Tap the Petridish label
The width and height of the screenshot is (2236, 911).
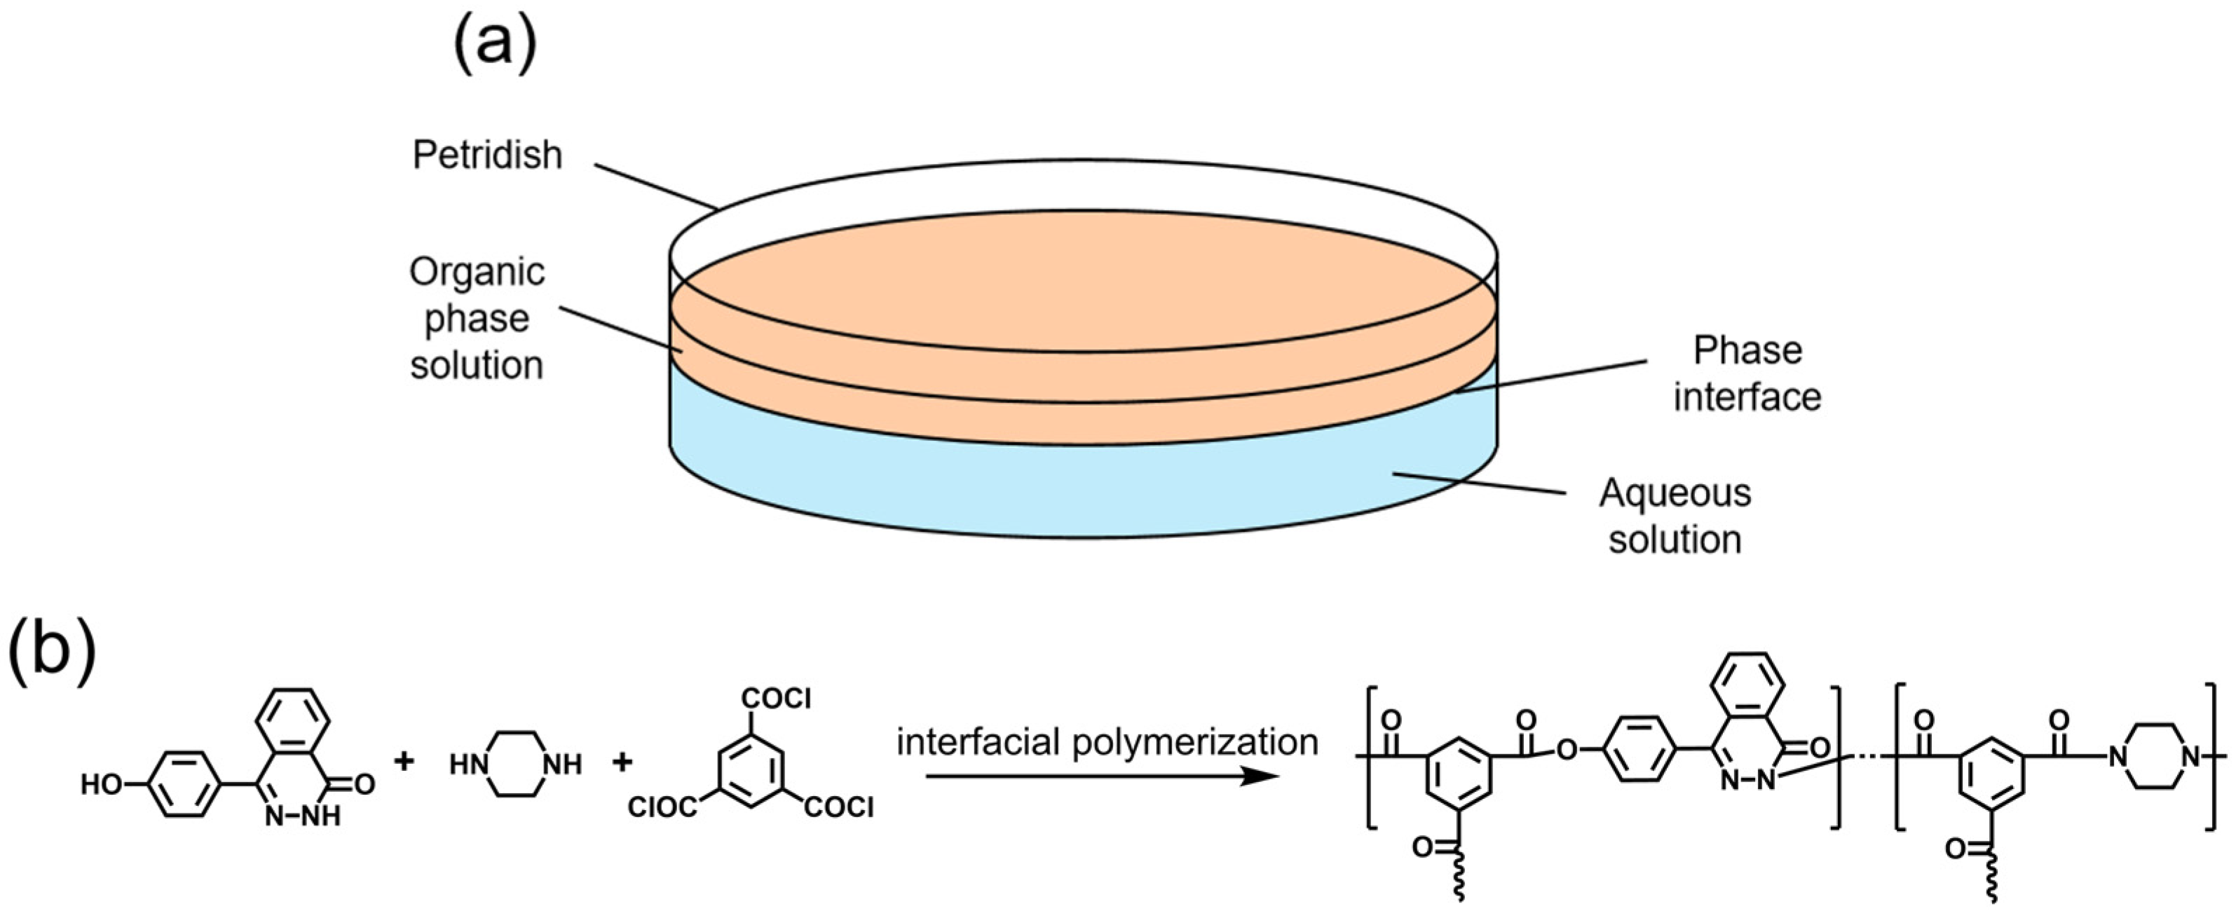point(487,156)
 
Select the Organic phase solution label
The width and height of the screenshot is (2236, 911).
point(477,318)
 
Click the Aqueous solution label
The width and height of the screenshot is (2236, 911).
point(1675,516)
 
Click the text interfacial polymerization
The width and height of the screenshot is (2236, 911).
point(1107,743)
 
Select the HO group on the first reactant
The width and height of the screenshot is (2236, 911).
point(102,785)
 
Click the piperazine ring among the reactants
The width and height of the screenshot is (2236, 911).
point(514,764)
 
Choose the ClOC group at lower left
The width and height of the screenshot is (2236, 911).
point(662,808)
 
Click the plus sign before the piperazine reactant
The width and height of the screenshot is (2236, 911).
point(404,762)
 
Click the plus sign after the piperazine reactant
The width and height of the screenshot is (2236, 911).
point(622,762)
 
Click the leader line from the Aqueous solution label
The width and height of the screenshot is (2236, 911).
point(1479,484)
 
